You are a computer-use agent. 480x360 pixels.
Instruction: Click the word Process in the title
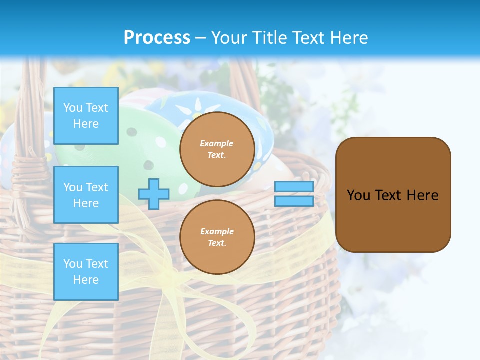point(157,37)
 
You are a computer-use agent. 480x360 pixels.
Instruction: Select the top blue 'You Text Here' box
point(86,116)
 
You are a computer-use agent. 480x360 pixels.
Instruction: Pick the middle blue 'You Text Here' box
point(86,195)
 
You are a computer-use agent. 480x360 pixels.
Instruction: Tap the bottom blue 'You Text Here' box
point(86,272)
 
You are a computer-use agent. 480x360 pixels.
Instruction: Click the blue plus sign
point(154,194)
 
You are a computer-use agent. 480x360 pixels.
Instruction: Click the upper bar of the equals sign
point(294,187)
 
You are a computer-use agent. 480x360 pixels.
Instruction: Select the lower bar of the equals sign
point(294,201)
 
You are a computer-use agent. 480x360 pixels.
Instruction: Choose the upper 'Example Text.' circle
point(217,149)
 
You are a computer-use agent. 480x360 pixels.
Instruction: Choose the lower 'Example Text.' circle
point(217,237)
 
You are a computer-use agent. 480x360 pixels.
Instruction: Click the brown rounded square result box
point(393,220)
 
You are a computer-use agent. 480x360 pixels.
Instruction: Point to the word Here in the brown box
point(422,195)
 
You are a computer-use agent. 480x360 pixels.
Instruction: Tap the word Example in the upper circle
point(217,143)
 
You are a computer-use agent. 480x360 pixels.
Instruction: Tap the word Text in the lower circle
point(217,243)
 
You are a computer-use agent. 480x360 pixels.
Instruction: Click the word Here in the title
point(349,37)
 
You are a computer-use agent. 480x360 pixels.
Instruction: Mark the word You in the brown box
point(358,195)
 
